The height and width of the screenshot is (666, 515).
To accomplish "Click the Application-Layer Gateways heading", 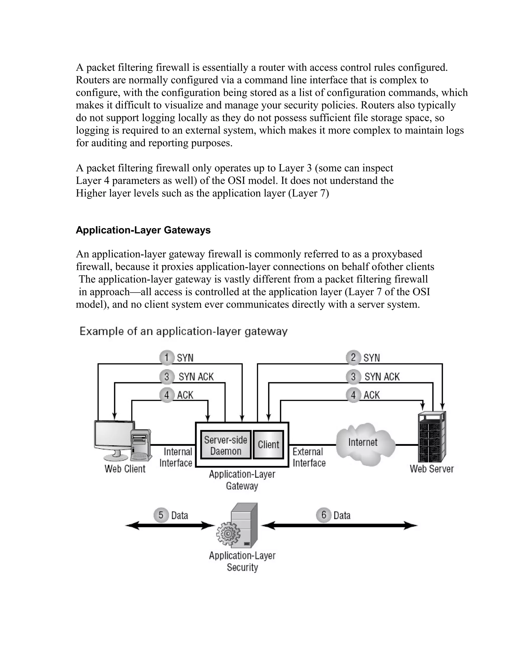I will (x=143, y=230).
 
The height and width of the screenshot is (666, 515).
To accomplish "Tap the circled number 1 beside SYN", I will (x=166, y=357).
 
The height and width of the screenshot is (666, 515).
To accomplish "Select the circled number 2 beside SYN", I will (x=353, y=357).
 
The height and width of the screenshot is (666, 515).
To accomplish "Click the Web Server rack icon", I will (x=431, y=437).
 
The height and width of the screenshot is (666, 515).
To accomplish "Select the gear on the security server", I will (x=228, y=534).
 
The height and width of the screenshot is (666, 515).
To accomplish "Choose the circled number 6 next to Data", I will (x=323, y=515).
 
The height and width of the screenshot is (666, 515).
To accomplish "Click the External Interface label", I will (x=309, y=457).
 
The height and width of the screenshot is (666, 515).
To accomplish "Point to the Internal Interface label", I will (x=176, y=457).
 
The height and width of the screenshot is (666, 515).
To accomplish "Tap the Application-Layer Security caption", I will (x=242, y=561).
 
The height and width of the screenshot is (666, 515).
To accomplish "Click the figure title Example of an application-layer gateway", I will (x=183, y=331).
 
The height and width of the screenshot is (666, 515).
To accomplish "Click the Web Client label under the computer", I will (x=125, y=469).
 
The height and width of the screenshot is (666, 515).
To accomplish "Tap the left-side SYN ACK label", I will (x=196, y=377).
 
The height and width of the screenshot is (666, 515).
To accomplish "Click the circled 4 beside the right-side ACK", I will (x=353, y=395).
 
